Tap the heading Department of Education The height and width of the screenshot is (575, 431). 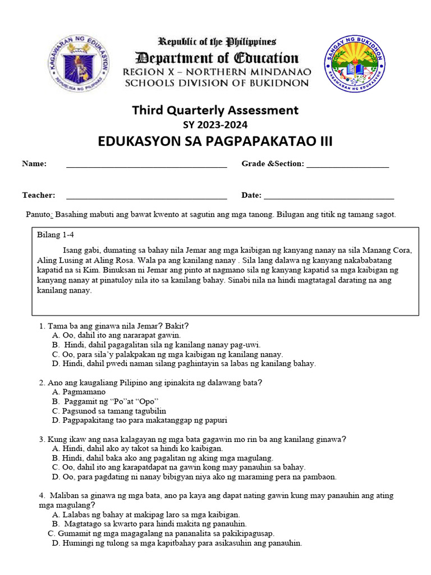[x=217, y=58]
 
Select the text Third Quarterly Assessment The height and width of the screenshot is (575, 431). [x=215, y=110]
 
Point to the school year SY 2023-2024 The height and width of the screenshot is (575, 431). [x=215, y=125]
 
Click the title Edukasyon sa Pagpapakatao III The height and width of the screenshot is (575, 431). [x=215, y=141]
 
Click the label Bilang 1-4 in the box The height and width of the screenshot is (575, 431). [x=55, y=234]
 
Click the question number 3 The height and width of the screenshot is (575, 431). [x=42, y=439]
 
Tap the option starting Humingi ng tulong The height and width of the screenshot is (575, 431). [x=176, y=543]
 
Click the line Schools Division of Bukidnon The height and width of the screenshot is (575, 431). [x=217, y=83]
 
